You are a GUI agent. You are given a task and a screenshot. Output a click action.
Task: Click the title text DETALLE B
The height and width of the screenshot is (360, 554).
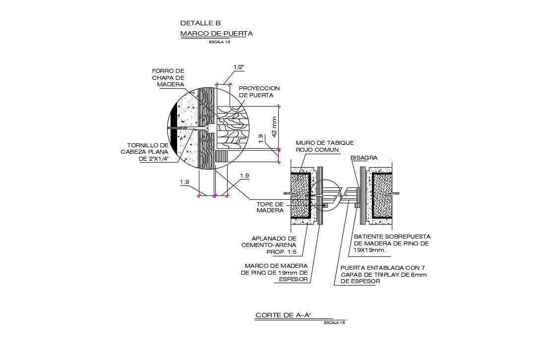click(x=200, y=23)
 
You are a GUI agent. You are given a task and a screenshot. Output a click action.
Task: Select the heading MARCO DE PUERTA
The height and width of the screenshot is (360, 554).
click(x=216, y=34)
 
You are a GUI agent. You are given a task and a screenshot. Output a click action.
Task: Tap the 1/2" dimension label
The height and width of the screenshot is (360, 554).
click(x=239, y=66)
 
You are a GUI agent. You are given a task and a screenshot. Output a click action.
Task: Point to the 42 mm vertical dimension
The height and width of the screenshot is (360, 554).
click(x=274, y=127)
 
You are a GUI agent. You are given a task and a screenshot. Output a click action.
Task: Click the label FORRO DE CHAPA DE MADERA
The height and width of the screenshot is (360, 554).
click(x=168, y=78)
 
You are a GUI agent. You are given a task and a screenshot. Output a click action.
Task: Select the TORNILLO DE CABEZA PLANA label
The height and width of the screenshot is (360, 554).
click(x=145, y=152)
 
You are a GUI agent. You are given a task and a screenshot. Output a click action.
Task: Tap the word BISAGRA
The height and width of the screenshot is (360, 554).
click(x=364, y=158)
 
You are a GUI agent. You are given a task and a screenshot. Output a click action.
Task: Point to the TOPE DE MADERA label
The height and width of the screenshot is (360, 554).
click(x=270, y=207)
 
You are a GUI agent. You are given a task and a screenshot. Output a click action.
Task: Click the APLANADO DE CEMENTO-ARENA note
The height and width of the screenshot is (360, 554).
click(x=268, y=244)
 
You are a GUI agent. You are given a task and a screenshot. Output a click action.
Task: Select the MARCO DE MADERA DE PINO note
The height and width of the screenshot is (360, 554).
click(x=275, y=272)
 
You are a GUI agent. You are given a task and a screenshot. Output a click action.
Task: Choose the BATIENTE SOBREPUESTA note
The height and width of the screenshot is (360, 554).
click(x=392, y=243)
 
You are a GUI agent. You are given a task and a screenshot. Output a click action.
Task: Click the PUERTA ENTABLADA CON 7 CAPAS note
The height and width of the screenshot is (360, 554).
click(x=383, y=275)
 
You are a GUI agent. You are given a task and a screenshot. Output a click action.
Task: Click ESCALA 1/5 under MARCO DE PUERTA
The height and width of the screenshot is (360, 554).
click(x=220, y=42)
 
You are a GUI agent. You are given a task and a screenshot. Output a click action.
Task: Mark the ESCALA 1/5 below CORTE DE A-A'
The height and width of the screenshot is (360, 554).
click(x=334, y=323)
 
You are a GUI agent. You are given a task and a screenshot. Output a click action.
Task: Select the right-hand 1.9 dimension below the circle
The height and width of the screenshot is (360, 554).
click(x=244, y=176)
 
